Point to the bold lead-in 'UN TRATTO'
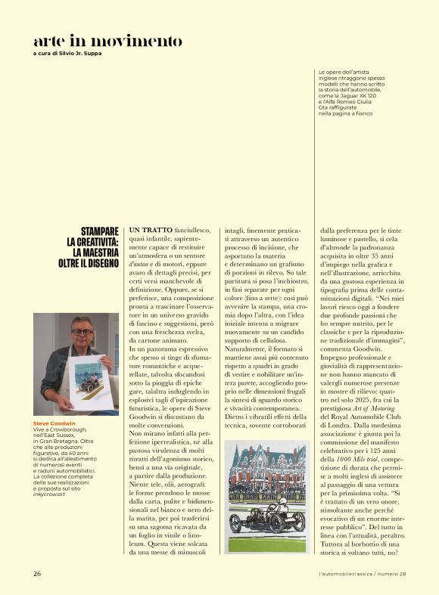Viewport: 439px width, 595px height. click(151, 229)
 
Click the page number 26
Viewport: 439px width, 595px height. click(37, 574)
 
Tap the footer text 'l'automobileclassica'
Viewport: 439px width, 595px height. click(348, 574)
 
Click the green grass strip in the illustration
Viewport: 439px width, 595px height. click(265, 543)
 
